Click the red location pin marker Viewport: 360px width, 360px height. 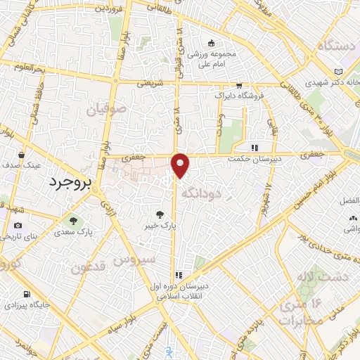(x=181, y=165)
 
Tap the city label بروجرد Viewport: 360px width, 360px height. (x=70, y=182)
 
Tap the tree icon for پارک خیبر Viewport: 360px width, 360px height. (x=162, y=213)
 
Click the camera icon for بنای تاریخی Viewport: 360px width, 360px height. (x=18, y=225)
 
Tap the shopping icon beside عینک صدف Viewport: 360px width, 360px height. (x=22, y=155)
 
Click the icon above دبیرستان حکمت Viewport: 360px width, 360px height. (x=255, y=148)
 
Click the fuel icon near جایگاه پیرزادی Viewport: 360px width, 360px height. (x=27, y=294)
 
